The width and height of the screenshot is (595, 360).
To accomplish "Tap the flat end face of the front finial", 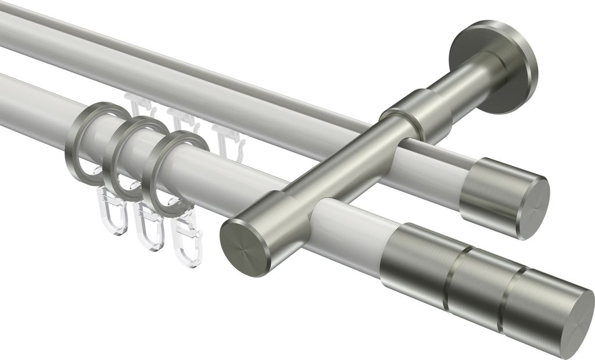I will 572,323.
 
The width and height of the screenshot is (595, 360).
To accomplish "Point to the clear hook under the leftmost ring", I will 110,210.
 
